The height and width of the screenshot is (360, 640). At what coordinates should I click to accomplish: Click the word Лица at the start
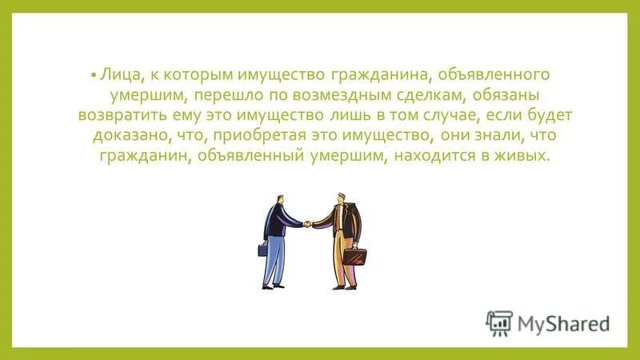click(x=116, y=75)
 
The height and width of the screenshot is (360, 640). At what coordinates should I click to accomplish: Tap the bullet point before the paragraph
click(x=94, y=75)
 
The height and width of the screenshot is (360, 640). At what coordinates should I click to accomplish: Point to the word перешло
click(x=222, y=95)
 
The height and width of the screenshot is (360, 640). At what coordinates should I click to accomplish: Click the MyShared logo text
click(x=563, y=324)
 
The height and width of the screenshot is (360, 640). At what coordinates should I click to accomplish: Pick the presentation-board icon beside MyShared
click(x=498, y=322)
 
